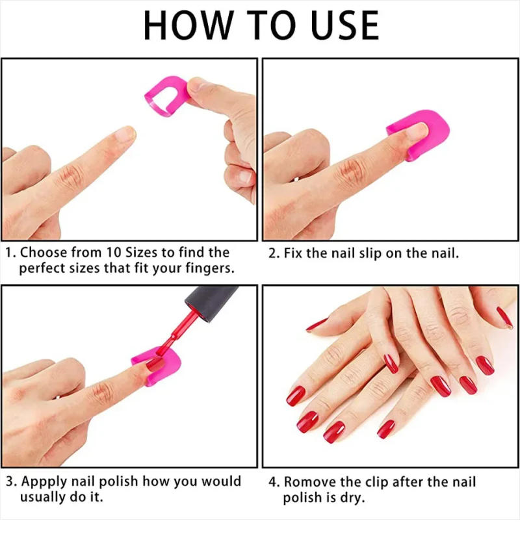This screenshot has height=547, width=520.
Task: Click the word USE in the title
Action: [344, 25]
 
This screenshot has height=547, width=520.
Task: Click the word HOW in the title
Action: [188, 25]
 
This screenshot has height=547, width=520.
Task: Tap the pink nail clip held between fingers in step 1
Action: [167, 95]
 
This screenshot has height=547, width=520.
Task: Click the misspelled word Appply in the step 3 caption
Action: [45, 482]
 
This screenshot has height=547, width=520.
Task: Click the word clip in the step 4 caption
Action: [376, 483]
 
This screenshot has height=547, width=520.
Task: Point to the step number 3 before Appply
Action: [10, 482]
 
